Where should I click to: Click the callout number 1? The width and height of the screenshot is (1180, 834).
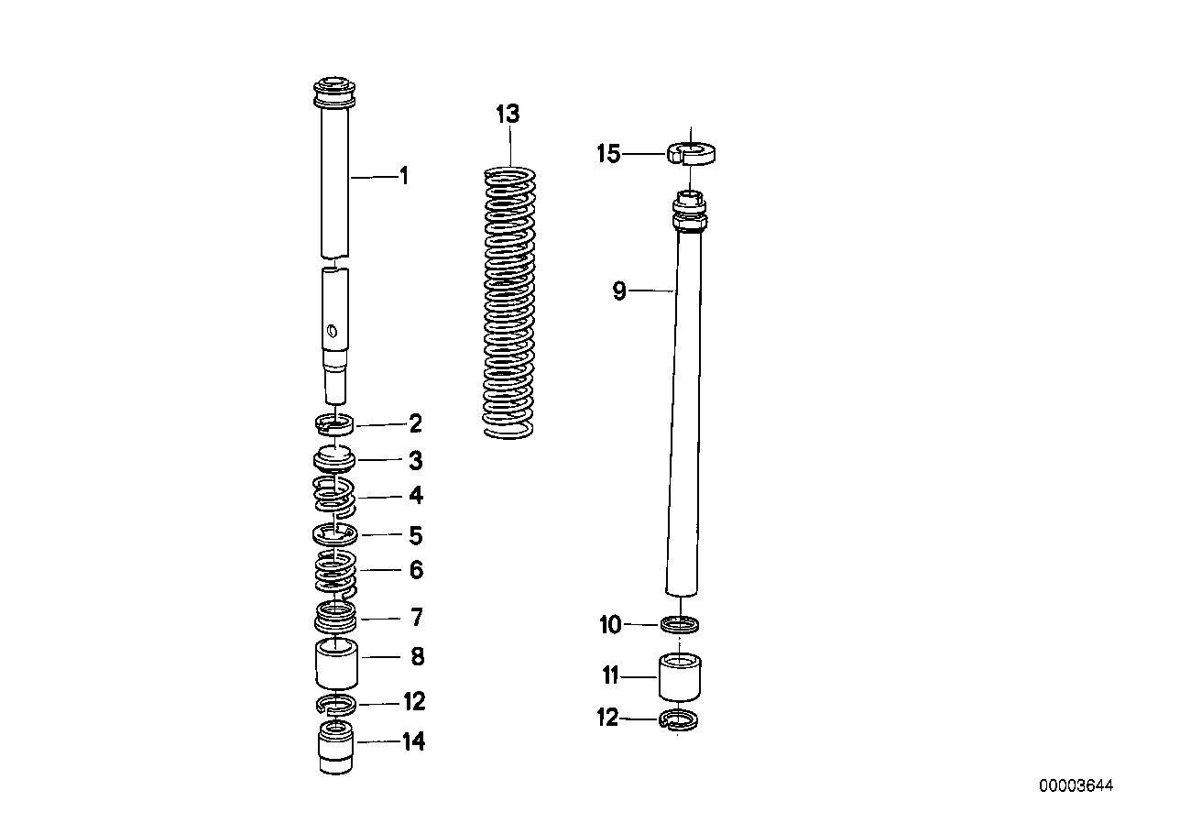(x=403, y=176)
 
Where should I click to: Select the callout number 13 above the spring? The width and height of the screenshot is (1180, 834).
(x=507, y=115)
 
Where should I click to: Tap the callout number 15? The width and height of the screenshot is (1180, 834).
(x=608, y=154)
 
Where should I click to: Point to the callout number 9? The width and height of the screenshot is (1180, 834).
(x=619, y=291)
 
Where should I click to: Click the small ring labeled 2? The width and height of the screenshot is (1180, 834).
(x=335, y=423)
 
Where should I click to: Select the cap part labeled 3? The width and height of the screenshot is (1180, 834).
(x=335, y=458)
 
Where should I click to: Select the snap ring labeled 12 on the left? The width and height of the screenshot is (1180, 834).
(x=336, y=704)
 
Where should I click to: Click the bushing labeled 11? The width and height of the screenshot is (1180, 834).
(x=680, y=677)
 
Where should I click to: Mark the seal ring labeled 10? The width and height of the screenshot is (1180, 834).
(x=682, y=625)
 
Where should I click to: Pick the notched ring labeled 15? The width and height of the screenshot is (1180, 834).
(x=692, y=152)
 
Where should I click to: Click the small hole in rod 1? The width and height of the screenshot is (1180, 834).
(x=333, y=330)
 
